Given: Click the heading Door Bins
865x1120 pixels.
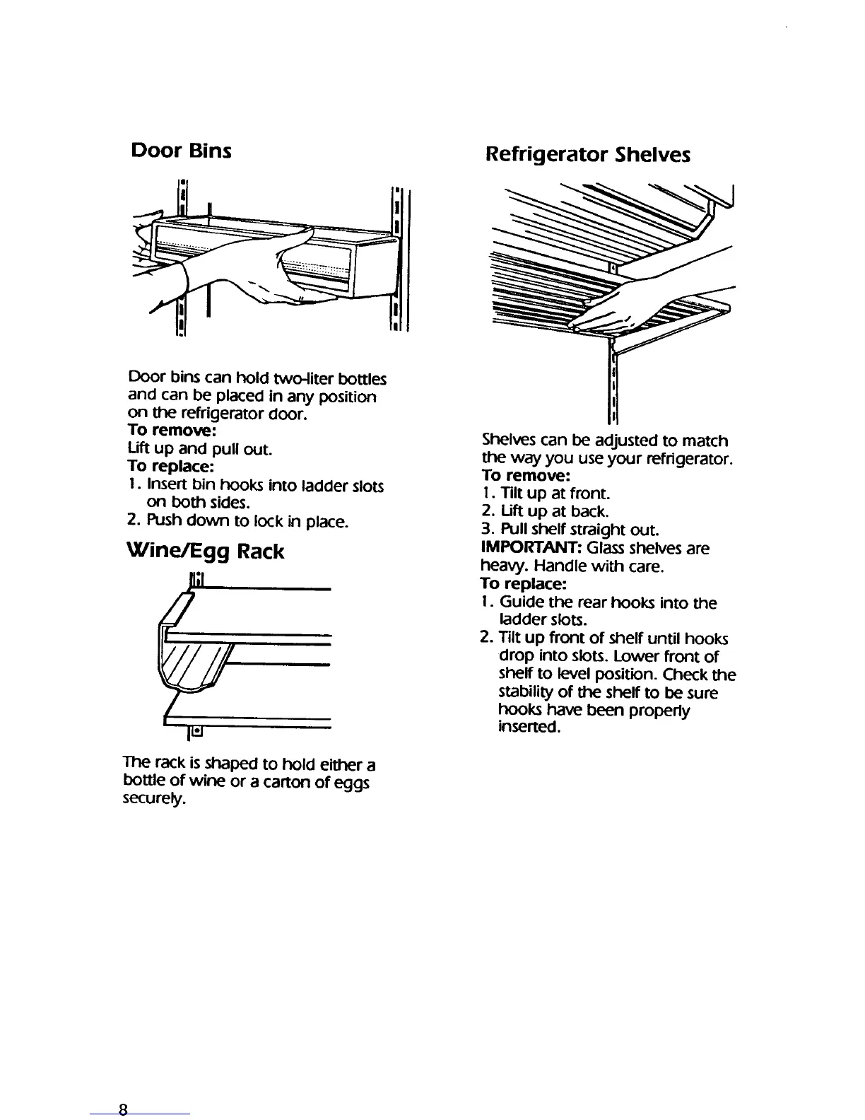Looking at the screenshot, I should [x=181, y=151].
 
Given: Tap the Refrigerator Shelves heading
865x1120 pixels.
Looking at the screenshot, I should [x=588, y=154].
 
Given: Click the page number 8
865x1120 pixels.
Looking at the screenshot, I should [x=123, y=1109].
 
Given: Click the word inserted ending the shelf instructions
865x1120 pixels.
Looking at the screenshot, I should [x=529, y=728].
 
